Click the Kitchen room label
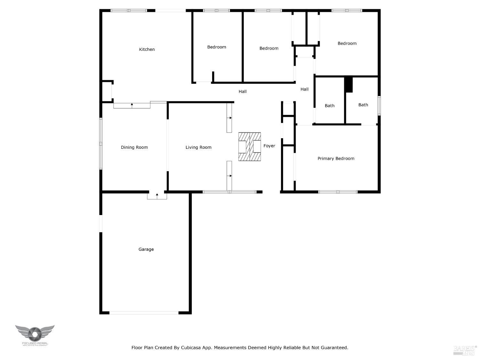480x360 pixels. point(147,49)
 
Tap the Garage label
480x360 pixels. point(146,249)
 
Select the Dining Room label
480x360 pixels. point(134,148)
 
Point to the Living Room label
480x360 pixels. point(198,148)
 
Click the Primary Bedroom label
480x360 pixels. point(336,158)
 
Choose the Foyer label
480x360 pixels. point(269,146)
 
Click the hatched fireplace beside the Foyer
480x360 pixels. point(250,147)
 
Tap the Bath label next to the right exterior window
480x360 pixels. point(363,105)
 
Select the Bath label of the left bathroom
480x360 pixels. point(329,106)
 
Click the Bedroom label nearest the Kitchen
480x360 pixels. point(216,47)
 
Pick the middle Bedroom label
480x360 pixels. point(269,48)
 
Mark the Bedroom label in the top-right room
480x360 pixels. point(347,44)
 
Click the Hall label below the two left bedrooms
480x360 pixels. point(243,92)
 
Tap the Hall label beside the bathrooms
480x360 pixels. point(304,89)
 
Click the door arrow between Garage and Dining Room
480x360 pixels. point(157,195)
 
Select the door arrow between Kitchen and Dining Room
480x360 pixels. point(132,105)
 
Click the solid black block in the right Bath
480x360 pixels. point(348,85)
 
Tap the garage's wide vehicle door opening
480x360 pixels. point(144,313)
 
